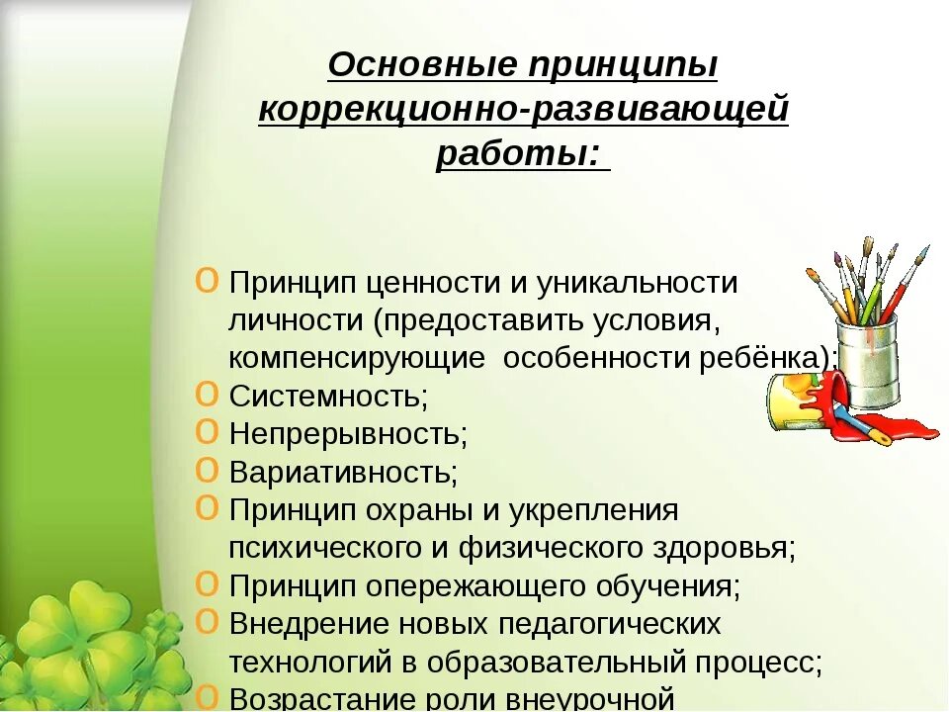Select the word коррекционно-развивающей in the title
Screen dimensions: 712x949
click(523, 110)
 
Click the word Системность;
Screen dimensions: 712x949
click(328, 397)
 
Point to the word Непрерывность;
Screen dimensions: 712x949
click(348, 434)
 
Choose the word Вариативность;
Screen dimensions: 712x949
click(343, 473)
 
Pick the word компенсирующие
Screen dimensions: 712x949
click(357, 358)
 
